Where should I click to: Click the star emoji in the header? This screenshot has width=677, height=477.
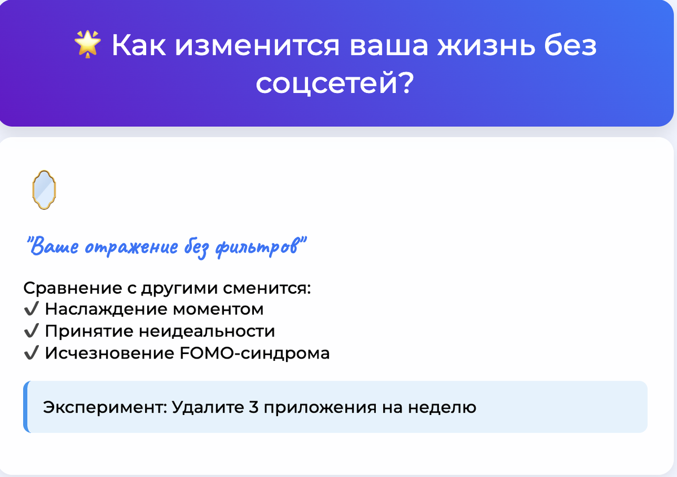(87, 45)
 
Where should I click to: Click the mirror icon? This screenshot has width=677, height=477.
(43, 190)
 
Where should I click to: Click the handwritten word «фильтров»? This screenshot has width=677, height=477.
(259, 248)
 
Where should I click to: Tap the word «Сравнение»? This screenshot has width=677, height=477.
(70, 288)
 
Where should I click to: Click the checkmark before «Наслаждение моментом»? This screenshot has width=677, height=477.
(32, 310)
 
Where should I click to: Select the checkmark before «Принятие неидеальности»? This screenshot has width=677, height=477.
(32, 332)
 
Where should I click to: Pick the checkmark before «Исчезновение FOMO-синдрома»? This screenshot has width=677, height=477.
(32, 354)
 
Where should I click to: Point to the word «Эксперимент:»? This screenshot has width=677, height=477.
(104, 407)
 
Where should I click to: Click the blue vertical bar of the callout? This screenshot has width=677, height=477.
(26, 407)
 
